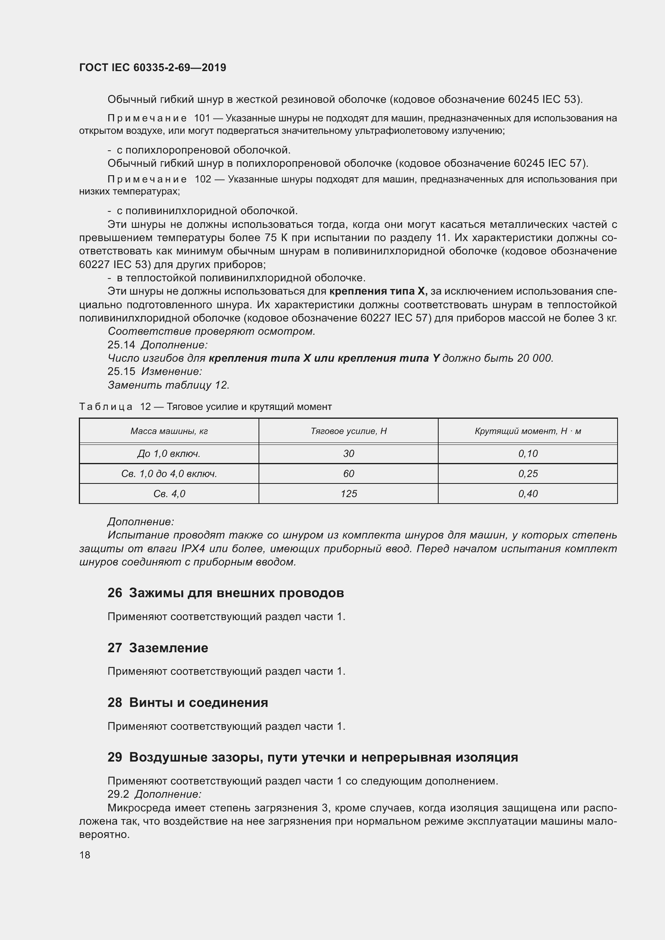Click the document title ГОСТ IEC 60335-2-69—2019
point(152,68)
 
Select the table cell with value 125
point(349,494)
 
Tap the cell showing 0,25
point(528,474)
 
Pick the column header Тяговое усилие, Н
point(349,431)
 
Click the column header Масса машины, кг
point(169,431)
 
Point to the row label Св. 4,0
point(169,494)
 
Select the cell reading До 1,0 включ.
point(169,454)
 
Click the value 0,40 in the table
point(528,494)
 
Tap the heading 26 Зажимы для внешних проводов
point(226,593)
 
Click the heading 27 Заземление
point(158,648)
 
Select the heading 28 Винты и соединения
point(187,702)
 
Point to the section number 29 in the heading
point(115,758)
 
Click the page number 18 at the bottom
point(85,855)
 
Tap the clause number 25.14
point(121,345)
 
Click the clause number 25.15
point(121,371)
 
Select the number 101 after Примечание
point(202,118)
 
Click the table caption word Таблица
point(106,407)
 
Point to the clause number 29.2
point(118,794)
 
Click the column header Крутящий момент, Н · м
point(528,431)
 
